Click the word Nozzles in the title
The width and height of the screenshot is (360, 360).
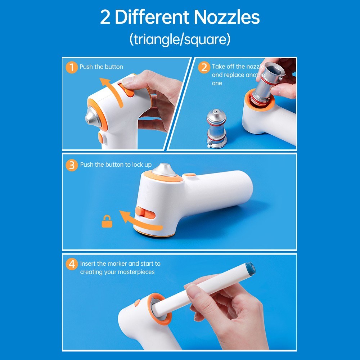[226, 17]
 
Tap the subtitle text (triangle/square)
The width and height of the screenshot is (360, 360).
[180, 39]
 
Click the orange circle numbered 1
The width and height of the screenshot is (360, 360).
[72, 68]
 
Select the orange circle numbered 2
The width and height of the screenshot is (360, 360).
[204, 67]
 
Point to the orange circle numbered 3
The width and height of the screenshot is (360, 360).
[72, 165]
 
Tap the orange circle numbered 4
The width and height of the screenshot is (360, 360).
[72, 264]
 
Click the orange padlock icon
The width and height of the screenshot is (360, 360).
[107, 221]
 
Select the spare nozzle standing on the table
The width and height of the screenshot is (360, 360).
[216, 128]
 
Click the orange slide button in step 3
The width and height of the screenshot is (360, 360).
[140, 212]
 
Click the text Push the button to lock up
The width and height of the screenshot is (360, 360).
[116, 165]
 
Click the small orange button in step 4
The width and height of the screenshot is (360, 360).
[137, 303]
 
